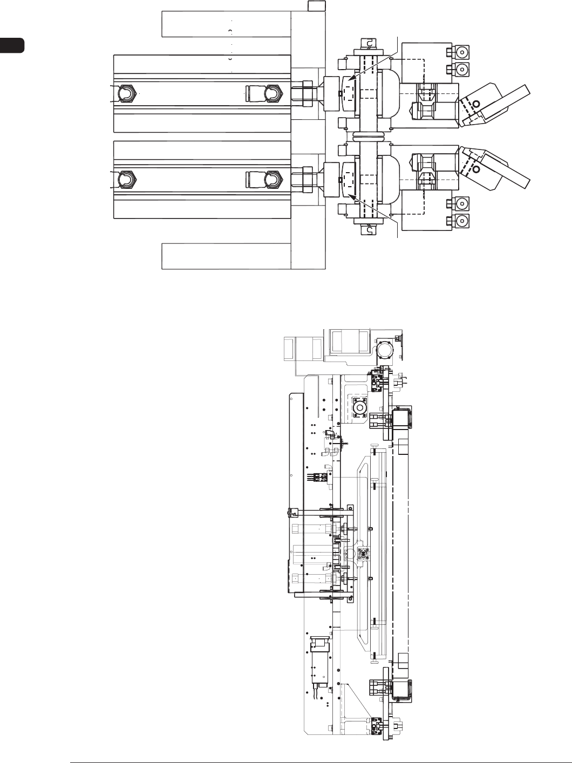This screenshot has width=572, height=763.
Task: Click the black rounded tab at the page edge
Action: (x=12, y=45)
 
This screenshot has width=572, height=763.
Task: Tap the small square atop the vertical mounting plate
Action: (x=317, y=6)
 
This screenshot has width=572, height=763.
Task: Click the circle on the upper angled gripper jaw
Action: (x=475, y=104)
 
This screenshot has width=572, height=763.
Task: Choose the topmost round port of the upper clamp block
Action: (x=462, y=52)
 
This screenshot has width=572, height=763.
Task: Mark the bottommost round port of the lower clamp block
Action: (x=462, y=221)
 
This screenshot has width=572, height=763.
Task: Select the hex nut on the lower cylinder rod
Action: (x=307, y=179)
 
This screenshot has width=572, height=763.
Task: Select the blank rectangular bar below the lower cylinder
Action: (x=226, y=256)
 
